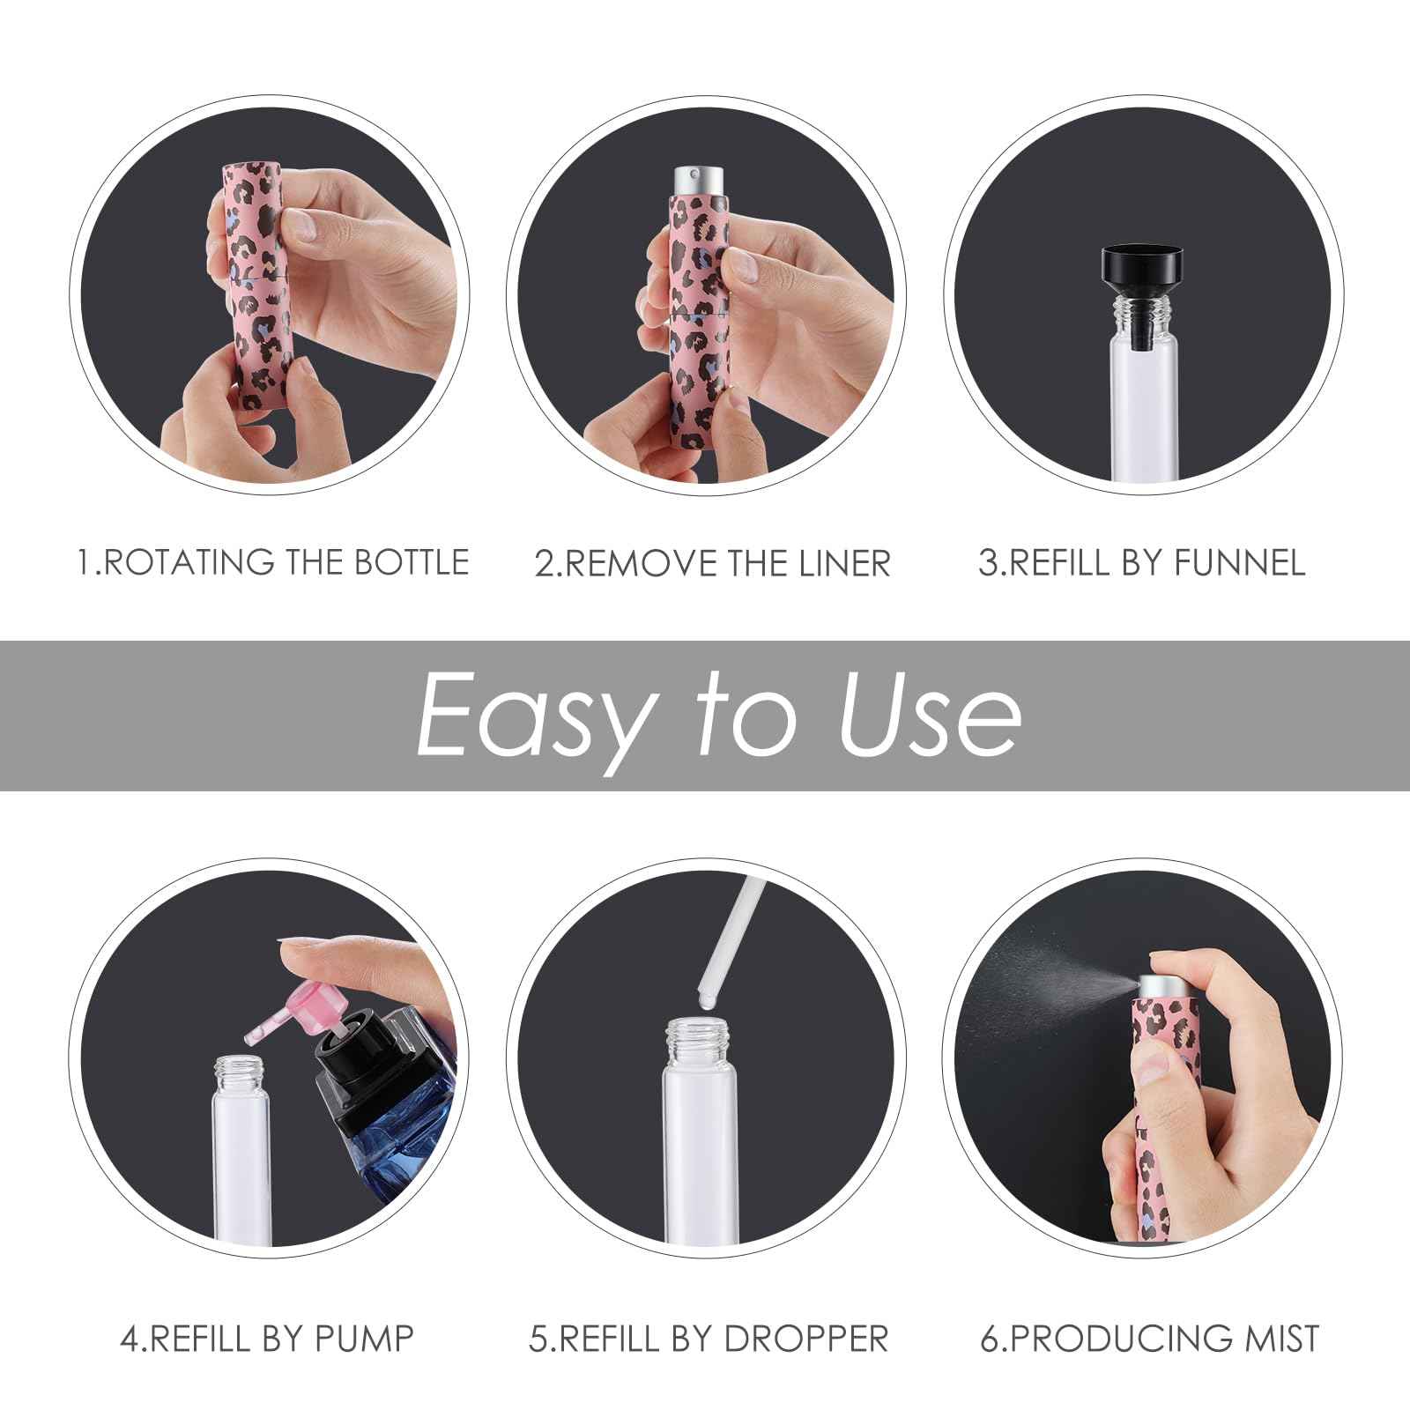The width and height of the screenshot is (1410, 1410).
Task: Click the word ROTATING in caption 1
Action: point(187,562)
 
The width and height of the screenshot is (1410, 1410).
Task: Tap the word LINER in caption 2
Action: point(844,564)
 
